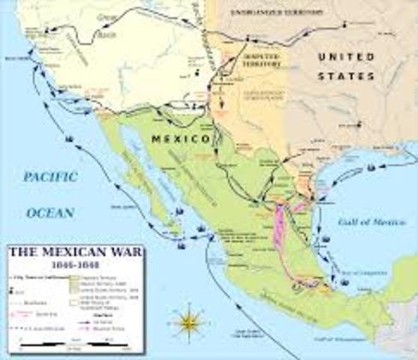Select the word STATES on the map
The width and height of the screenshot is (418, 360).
346,76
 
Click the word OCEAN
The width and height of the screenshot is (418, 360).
50,213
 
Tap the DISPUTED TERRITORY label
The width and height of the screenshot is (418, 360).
258,61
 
